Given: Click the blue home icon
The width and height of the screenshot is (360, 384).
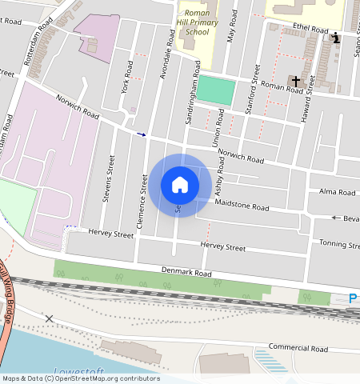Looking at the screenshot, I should pos(180,185).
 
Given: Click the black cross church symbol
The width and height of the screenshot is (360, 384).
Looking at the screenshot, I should pos(296,81).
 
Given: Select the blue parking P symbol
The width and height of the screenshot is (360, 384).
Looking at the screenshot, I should pos(353,298).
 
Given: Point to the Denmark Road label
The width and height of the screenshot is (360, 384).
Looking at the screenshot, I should pos(186,274).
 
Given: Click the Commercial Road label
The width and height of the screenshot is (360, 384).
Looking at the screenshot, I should pos(298,348).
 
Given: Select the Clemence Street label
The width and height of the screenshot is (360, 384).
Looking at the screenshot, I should pos(142,204).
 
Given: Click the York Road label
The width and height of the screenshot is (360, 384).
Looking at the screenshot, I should pos(126,74).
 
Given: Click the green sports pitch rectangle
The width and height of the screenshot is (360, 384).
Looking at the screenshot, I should pos(217,90).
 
